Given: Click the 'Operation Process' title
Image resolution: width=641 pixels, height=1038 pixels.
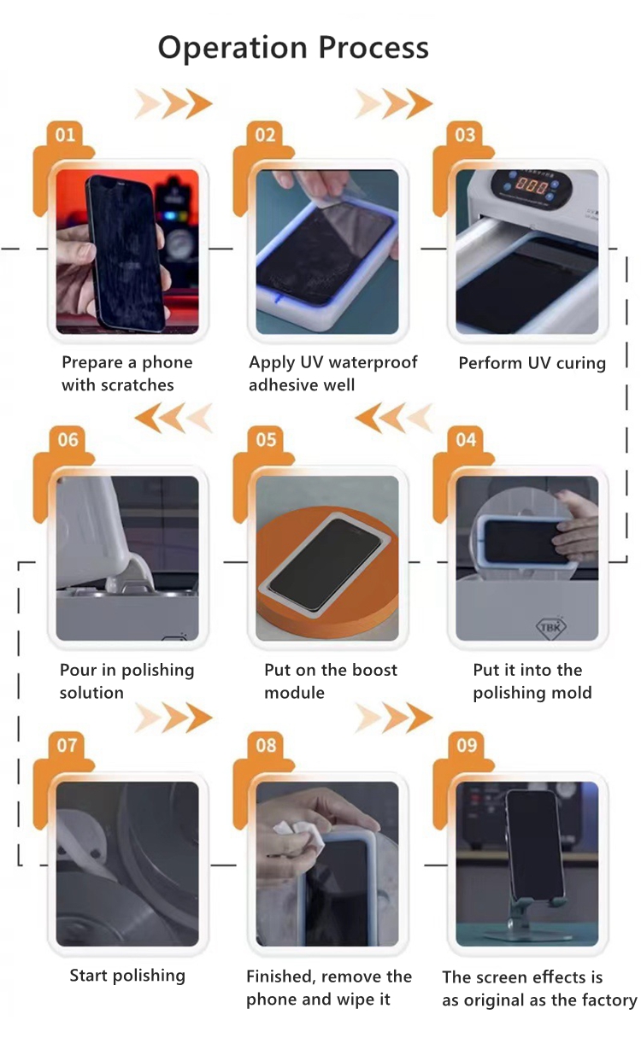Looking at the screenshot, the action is tap(293, 48).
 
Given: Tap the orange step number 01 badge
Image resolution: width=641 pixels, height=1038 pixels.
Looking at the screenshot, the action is tap(65, 135).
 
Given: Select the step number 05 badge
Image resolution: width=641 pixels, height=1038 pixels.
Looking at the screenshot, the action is tap(266, 440).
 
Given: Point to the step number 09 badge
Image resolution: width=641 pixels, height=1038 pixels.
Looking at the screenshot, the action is tap(467, 745).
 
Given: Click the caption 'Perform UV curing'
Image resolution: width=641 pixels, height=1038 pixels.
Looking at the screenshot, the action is tap(532, 363).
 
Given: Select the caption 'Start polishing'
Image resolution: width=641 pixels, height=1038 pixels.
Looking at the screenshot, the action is tap(127, 976).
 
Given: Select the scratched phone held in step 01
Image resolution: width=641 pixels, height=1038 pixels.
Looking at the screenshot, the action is tap(125, 253).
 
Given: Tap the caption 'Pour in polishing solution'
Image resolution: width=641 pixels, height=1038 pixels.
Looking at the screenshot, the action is tap(127, 681).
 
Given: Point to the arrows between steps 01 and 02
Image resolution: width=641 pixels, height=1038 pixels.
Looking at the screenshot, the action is tap(173, 103).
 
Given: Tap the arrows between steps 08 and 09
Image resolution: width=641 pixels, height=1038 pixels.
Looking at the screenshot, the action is tap(394, 718).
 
